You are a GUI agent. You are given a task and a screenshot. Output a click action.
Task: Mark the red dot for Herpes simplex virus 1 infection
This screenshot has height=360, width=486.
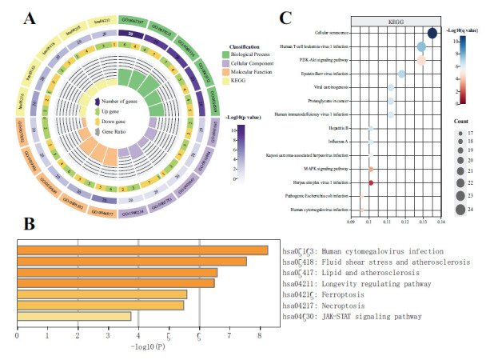(371, 183)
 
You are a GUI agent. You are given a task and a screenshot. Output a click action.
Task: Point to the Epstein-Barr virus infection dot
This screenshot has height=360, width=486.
(402, 74)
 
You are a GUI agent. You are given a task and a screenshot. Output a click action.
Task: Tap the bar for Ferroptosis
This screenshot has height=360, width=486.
(102, 294)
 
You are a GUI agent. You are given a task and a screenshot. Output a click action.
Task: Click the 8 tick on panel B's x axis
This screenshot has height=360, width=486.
(260, 335)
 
